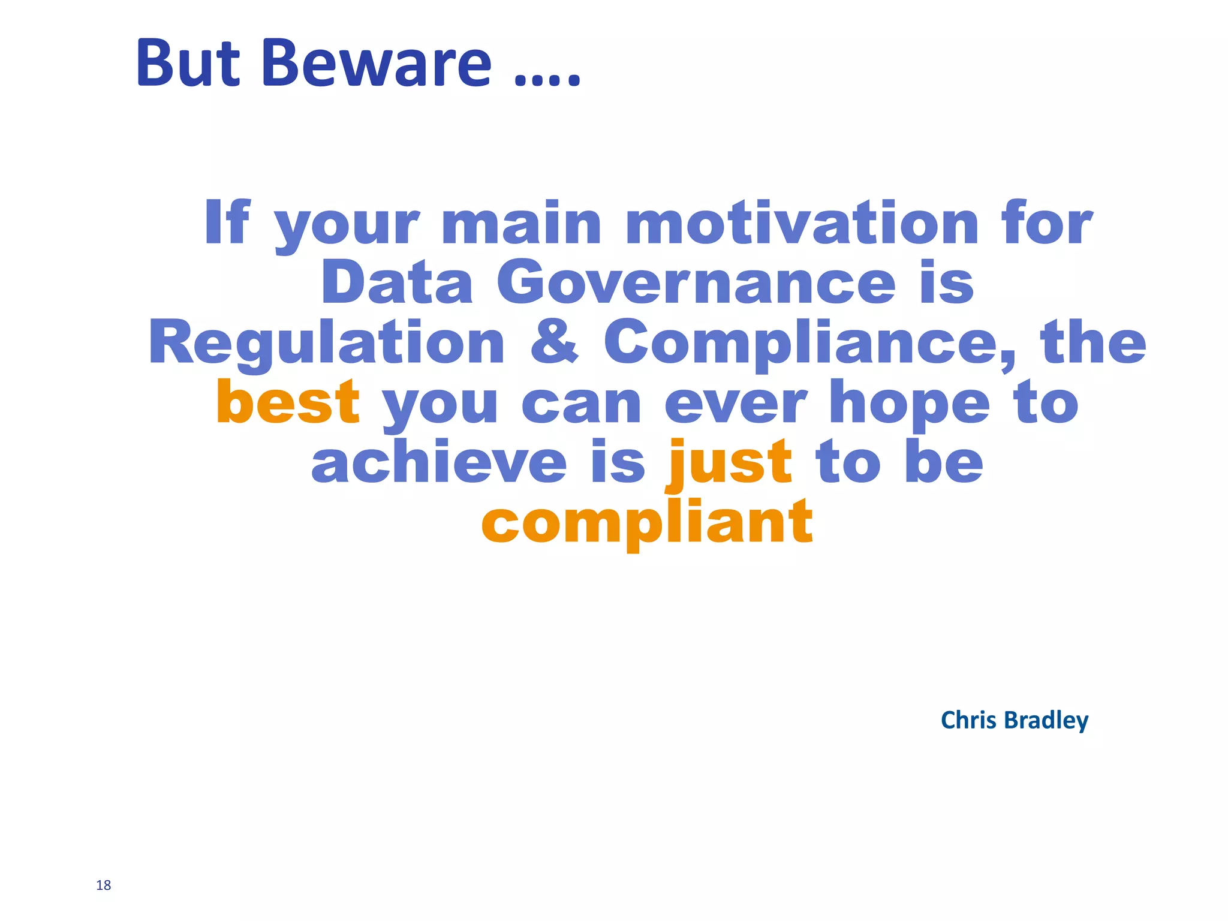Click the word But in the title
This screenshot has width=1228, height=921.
tap(188, 63)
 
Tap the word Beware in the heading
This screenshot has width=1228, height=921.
tap(377, 63)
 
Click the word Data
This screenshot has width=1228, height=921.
tap(398, 283)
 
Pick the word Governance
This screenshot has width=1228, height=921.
tap(696, 283)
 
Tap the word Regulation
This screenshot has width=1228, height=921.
tap(327, 343)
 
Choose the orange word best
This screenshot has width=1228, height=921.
tap(288, 402)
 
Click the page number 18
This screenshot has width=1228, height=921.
tap(103, 886)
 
